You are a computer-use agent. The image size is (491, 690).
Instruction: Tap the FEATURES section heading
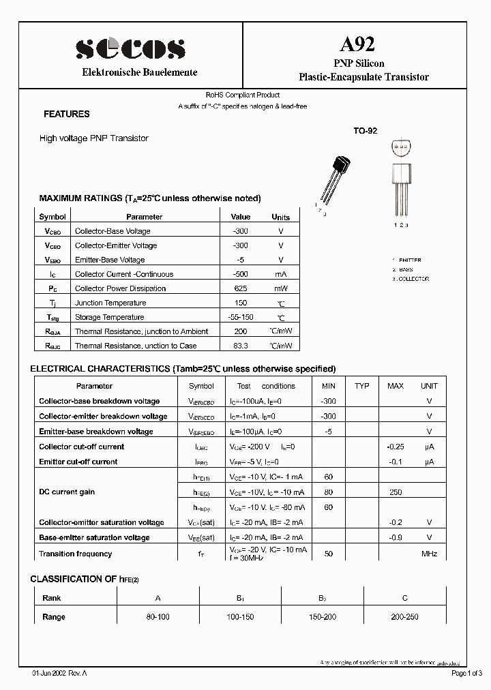66,115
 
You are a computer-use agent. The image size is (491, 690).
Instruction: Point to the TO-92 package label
365,130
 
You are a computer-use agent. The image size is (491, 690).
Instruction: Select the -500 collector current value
240,274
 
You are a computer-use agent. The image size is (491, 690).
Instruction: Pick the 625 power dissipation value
240,288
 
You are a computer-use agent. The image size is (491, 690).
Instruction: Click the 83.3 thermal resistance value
240,346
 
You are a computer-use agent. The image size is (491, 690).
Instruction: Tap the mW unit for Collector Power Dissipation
280,288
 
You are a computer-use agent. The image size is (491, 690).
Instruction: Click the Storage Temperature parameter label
109,317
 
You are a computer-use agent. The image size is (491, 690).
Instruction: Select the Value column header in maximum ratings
241,217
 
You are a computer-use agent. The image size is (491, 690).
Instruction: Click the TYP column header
362,386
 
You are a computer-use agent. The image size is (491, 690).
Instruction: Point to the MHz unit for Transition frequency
429,554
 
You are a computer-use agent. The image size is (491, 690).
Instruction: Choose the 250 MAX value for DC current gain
395,492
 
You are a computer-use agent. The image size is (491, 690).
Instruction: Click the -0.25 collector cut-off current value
395,447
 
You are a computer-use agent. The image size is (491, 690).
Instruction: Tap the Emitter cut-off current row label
78,462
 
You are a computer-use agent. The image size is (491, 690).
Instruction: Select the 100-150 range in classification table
240,616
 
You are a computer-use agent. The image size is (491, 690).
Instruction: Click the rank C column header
404,598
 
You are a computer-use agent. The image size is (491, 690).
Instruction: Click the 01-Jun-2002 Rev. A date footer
60,673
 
